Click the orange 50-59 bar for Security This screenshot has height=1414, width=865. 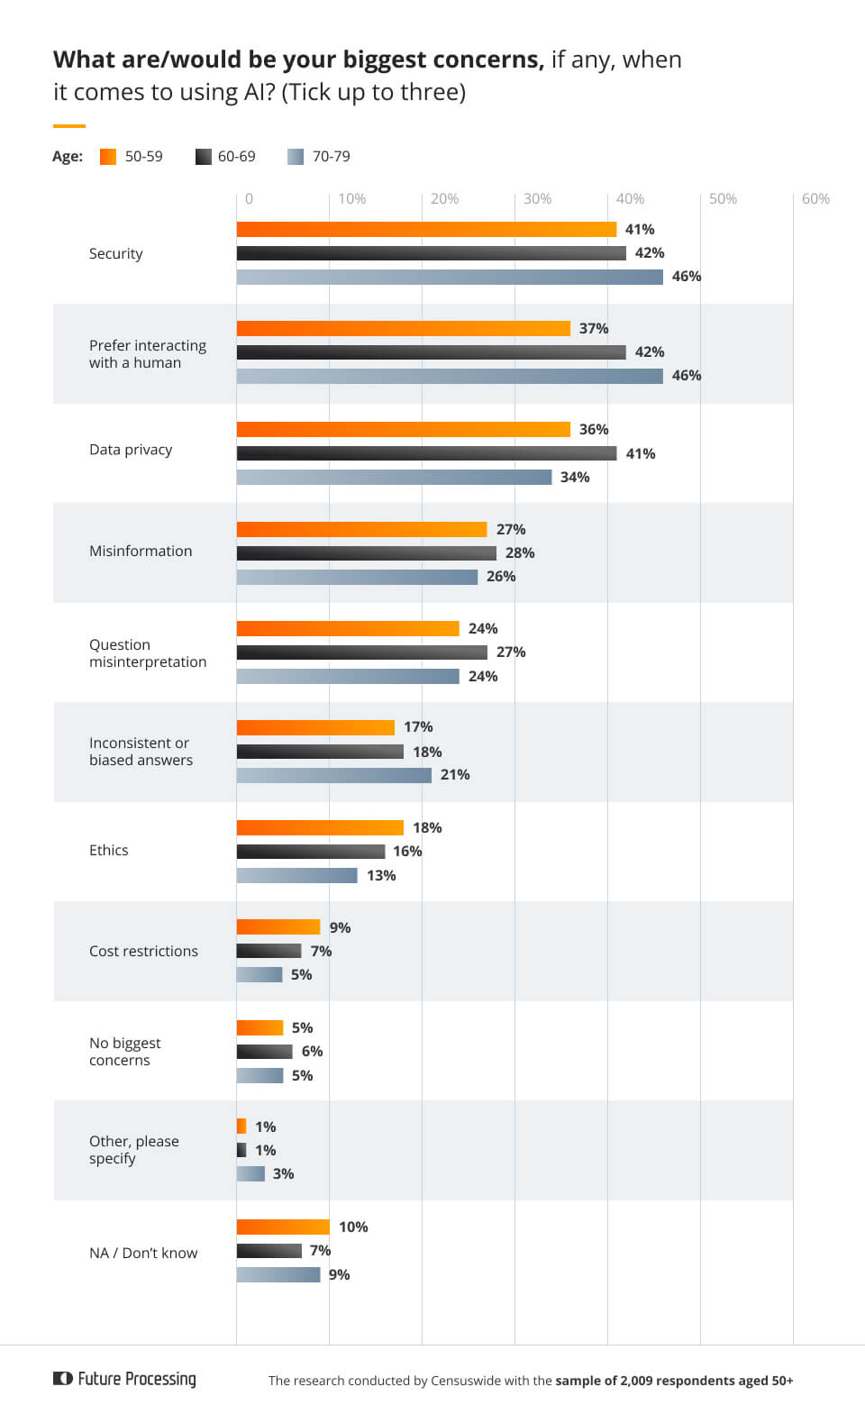pos(426,230)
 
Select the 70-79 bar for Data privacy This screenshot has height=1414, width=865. pos(394,477)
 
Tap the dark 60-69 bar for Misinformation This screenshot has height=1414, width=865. pos(366,553)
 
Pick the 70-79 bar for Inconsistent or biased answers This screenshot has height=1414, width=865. pos(333,775)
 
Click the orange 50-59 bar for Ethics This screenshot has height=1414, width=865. pos(320,828)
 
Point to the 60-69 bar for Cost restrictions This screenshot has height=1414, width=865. pos(269,951)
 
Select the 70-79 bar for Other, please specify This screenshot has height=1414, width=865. pos(250,1173)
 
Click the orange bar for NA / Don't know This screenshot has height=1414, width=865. pos(283,1227)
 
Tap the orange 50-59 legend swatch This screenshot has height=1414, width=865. pos(108,157)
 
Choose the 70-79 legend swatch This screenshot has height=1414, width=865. pos(296,157)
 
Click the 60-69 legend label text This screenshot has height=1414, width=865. pos(236,157)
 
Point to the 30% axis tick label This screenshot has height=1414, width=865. pos(537,199)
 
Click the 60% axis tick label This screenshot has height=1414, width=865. pos(815,199)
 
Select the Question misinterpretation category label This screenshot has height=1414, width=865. pos(148,653)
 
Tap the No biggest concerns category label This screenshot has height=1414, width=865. pos(124,1052)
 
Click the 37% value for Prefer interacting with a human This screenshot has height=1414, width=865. pos(594,329)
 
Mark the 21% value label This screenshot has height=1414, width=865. pos(455,775)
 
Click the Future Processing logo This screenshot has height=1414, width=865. pos(125,1379)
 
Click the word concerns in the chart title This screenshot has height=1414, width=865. pos(487,59)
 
